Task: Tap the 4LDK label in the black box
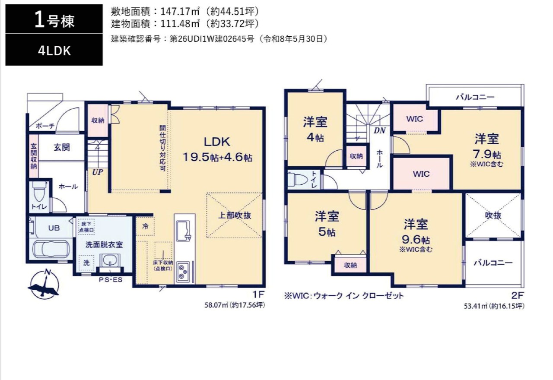(54, 51)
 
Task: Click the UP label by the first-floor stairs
(98, 172)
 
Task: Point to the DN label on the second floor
(379, 130)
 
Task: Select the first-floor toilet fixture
(39, 192)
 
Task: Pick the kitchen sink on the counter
(184, 231)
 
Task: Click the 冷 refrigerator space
(145, 226)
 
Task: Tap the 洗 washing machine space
(86, 263)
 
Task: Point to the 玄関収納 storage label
(34, 156)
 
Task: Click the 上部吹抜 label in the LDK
(235, 215)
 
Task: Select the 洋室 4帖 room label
(315, 129)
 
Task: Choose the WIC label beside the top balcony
(414, 119)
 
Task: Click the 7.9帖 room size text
(487, 155)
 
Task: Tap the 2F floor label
(517, 295)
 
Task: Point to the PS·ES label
(111, 279)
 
